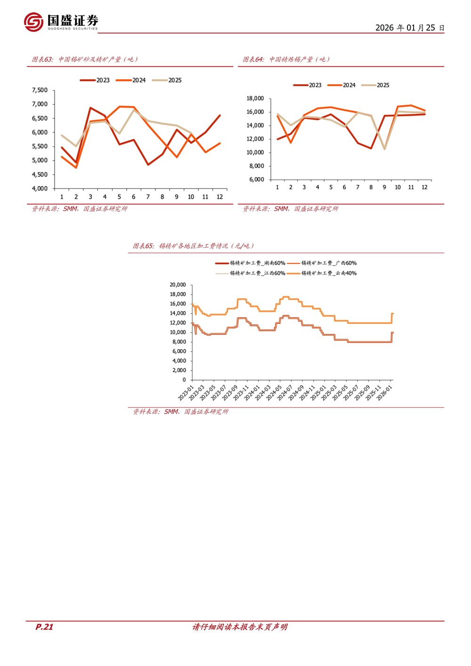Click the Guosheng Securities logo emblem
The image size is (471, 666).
[33, 22]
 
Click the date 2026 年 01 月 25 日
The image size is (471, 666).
[410, 28]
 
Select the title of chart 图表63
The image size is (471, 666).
[85, 59]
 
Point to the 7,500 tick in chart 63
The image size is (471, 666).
[40, 90]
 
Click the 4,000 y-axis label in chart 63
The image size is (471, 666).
[40, 188]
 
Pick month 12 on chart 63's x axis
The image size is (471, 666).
[219, 197]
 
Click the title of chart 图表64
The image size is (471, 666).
[286, 59]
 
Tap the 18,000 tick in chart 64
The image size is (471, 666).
[255, 98]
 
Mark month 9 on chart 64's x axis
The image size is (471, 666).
[384, 187]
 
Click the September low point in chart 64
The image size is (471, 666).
[385, 149]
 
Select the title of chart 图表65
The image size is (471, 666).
[193, 246]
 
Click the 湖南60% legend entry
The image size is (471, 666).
[251, 263]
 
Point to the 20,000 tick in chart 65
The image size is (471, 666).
[178, 284]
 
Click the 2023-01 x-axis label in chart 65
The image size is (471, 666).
[187, 392]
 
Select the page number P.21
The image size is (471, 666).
[44, 627]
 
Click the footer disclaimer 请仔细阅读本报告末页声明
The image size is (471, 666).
[240, 627]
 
